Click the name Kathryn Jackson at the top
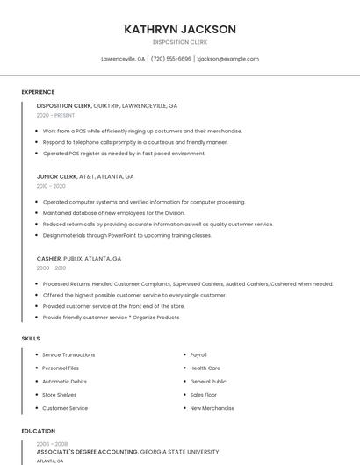pos(180,29)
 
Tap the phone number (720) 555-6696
pos(170,59)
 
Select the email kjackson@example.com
pos(227,59)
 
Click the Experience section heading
pos(38,92)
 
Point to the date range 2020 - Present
pos(55,115)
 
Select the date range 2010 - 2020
pos(51,186)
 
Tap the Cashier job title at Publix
pos(49,259)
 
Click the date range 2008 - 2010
pos(51,268)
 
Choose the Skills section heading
pos(31,338)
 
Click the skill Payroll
pos(198,354)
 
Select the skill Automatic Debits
pos(64,382)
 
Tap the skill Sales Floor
pos(204,395)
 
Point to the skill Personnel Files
pos(61,368)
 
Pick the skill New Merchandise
pos(212,408)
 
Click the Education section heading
pos(38,431)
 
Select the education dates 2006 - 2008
pos(51,444)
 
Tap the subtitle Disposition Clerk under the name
pos(180,41)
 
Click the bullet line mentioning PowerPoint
pos(127,235)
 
